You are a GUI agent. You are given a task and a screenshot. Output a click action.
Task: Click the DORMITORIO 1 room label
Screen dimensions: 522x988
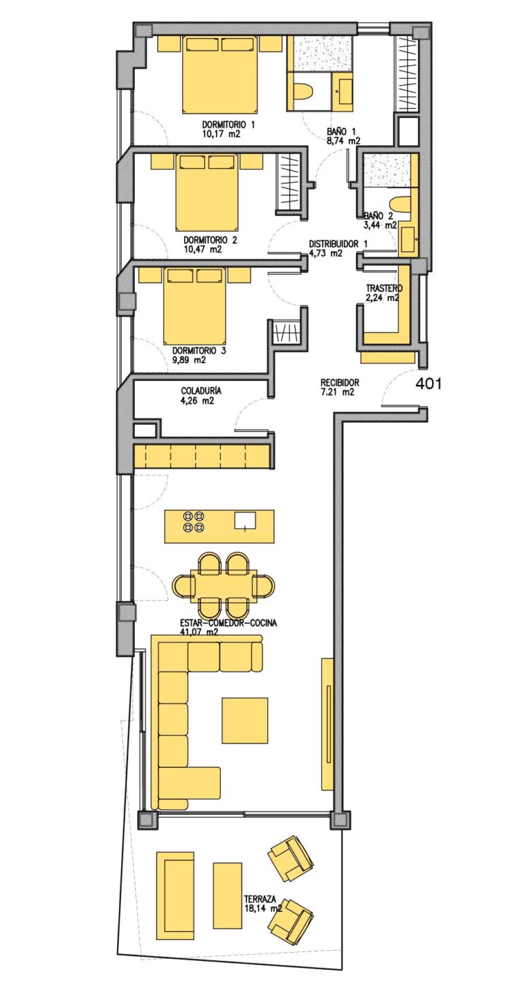228,125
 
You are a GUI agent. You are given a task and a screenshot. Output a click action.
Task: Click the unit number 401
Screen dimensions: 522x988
428,384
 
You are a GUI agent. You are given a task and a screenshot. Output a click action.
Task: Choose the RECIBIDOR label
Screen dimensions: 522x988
340,383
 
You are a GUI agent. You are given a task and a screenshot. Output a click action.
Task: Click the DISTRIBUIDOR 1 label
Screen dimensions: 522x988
338,244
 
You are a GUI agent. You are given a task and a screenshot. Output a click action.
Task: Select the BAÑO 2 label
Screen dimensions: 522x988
379,216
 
